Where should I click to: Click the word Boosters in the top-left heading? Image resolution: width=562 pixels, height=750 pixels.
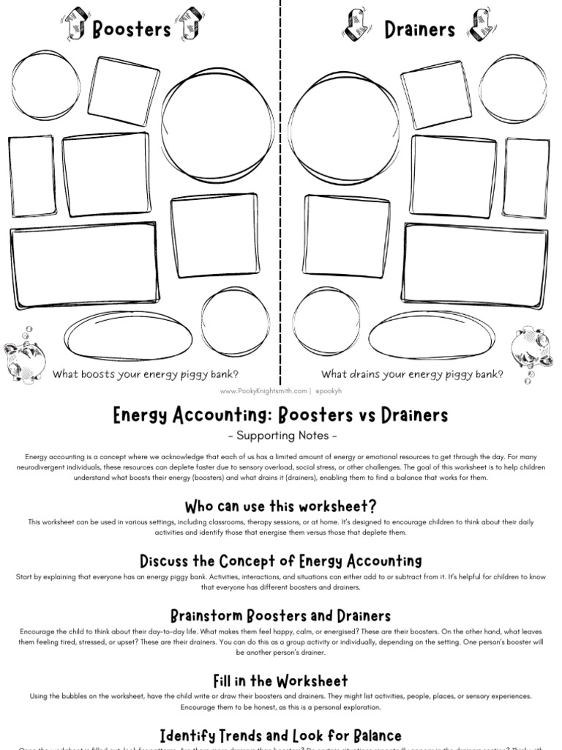click(x=131, y=29)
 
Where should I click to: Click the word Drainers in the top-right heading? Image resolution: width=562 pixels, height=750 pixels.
click(x=419, y=29)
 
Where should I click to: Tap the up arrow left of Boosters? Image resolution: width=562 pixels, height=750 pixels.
click(x=75, y=25)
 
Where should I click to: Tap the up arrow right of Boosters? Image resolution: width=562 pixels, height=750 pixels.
click(x=188, y=23)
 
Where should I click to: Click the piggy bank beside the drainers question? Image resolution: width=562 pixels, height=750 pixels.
click(x=531, y=349)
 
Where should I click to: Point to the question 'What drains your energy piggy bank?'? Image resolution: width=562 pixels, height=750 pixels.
click(x=412, y=374)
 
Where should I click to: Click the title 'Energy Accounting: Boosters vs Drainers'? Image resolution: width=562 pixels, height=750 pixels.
click(x=280, y=416)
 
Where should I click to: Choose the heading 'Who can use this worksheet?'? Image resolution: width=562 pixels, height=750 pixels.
click(x=280, y=506)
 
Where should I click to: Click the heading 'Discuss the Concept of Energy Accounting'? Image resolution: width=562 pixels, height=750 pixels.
click(x=280, y=561)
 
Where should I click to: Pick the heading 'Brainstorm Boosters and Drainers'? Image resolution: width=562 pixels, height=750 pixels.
click(x=280, y=615)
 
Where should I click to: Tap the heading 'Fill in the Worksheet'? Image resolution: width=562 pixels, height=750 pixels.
click(x=280, y=680)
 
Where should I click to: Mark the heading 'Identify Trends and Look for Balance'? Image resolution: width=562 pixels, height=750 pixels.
click(x=280, y=735)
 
